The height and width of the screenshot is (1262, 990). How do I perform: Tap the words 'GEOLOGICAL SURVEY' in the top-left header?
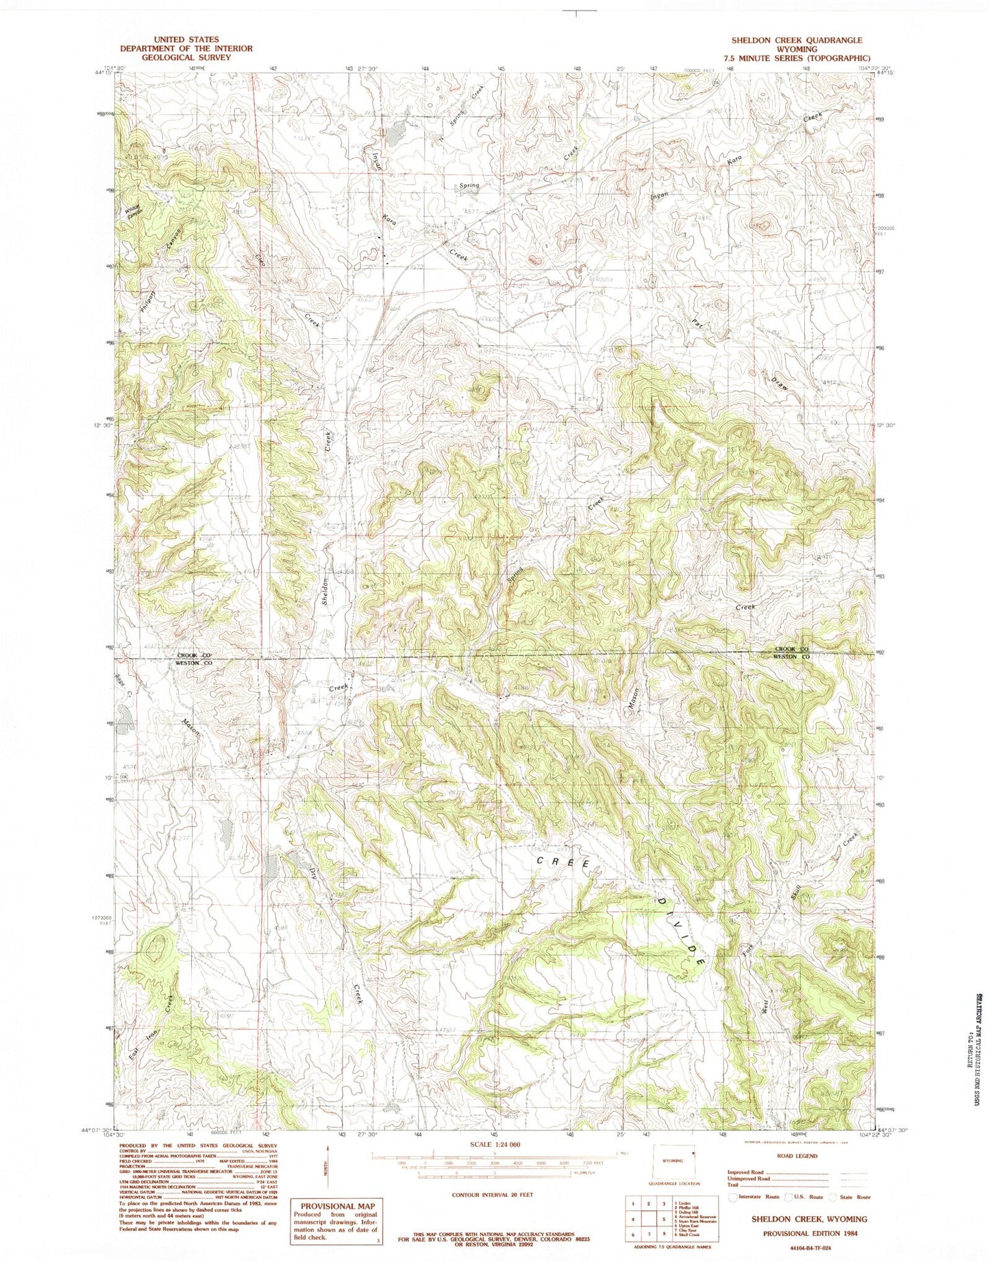pyautogui.click(x=186, y=58)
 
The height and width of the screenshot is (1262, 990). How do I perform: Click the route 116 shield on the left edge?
pyautogui.click(x=124, y=777)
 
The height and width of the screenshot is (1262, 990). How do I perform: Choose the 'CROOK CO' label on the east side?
pyautogui.click(x=791, y=648)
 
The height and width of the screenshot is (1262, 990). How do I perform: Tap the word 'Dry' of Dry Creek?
pyautogui.click(x=314, y=874)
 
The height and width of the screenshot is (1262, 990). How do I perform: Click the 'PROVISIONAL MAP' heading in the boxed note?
pyautogui.click(x=336, y=1205)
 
